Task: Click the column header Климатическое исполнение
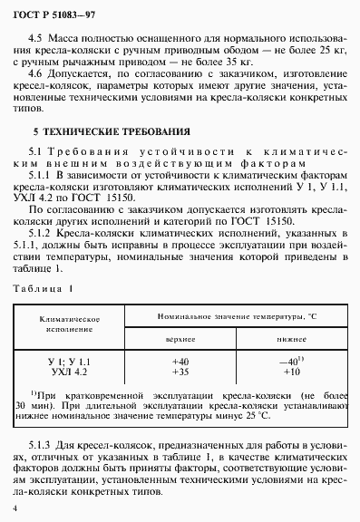tap(69, 324)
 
